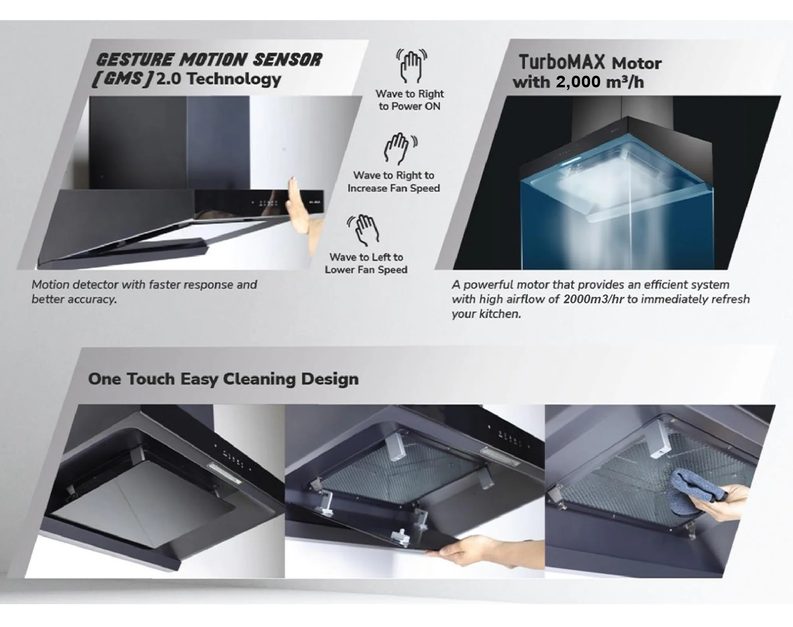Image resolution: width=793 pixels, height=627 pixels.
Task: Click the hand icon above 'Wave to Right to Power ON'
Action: click(412, 65)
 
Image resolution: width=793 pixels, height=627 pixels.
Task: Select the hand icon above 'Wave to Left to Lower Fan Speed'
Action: click(363, 230)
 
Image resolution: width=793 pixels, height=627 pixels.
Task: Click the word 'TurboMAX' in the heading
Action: click(561, 62)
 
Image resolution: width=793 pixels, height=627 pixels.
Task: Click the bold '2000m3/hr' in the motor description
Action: click(593, 299)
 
